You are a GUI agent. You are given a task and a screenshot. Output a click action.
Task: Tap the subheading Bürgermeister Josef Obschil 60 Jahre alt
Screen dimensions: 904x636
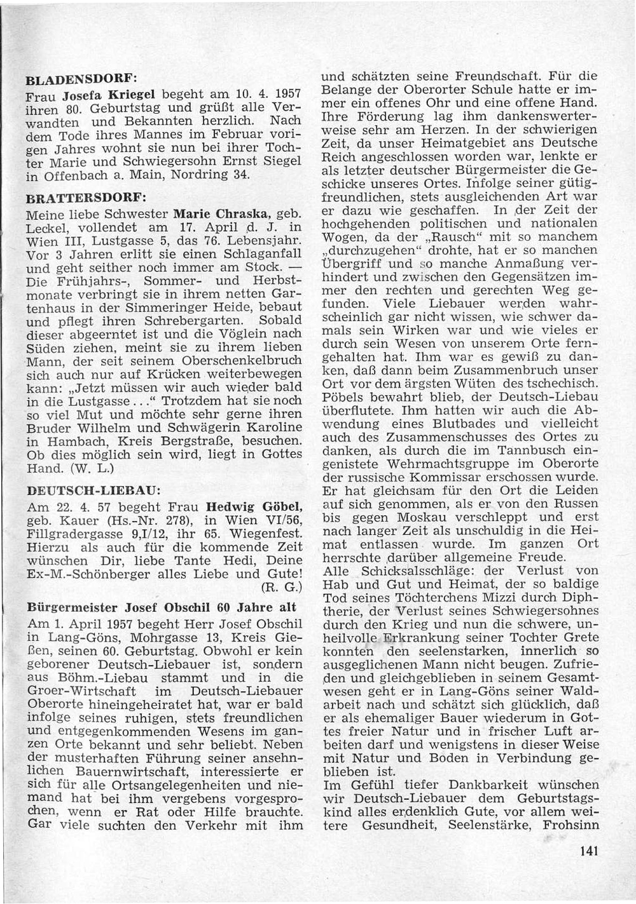click(x=162, y=606)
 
